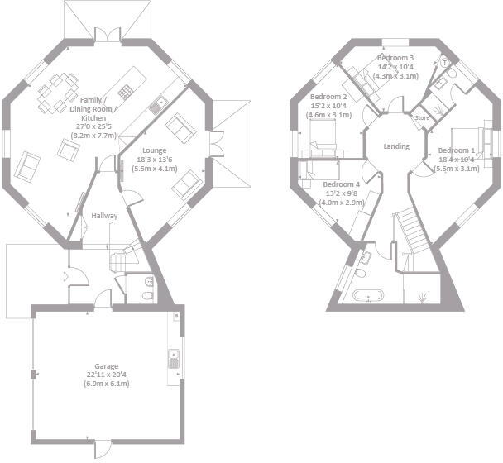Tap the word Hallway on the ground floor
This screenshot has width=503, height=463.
[x=105, y=217]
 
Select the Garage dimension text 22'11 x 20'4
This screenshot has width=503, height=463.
[x=105, y=376]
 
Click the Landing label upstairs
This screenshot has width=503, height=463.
[x=397, y=146]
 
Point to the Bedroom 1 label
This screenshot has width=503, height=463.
[x=457, y=150]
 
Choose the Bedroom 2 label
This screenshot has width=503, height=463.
[x=328, y=96]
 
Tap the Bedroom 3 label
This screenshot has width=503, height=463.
[x=395, y=57]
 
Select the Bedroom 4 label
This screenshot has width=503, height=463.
[x=341, y=184]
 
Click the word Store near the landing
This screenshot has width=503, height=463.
[x=423, y=118]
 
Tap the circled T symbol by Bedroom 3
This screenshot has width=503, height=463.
[x=444, y=62]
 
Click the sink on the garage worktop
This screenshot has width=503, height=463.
[x=174, y=359]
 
